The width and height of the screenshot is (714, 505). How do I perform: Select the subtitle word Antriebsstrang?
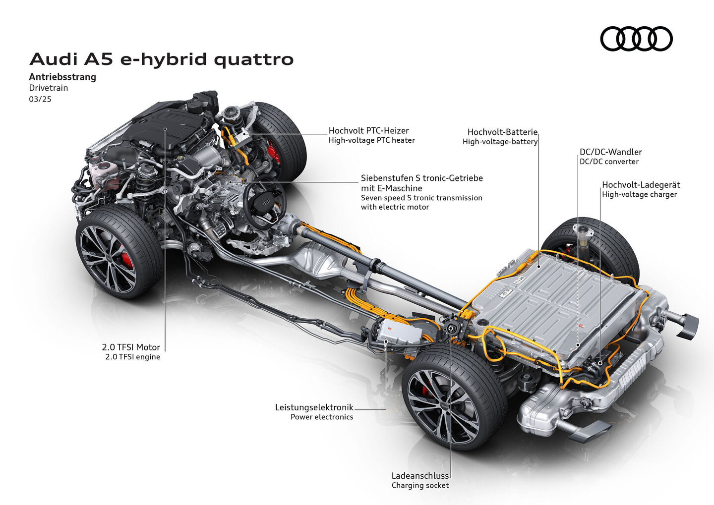pyautogui.click(x=62, y=77)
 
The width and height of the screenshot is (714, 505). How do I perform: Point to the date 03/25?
pyautogui.click(x=40, y=99)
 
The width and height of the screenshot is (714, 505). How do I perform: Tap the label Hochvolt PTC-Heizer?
pyautogui.click(x=368, y=130)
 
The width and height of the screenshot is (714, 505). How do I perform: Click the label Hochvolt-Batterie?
pyautogui.click(x=502, y=132)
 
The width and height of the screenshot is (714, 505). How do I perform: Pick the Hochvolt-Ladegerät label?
pyautogui.click(x=641, y=185)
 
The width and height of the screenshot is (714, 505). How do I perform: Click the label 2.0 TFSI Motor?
pyautogui.click(x=131, y=347)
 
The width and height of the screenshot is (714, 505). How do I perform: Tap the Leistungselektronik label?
pyautogui.click(x=314, y=407)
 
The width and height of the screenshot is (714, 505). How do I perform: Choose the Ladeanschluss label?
pyautogui.click(x=420, y=476)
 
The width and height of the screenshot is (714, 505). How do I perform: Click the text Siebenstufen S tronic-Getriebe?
pyautogui.click(x=421, y=178)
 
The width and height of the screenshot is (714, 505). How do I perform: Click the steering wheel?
pyautogui.click(x=264, y=201)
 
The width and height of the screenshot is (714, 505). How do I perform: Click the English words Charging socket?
pyautogui.click(x=420, y=485)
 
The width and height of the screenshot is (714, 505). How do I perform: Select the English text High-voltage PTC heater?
pyautogui.click(x=372, y=140)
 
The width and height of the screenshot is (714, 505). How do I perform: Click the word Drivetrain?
pyautogui.click(x=49, y=88)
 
